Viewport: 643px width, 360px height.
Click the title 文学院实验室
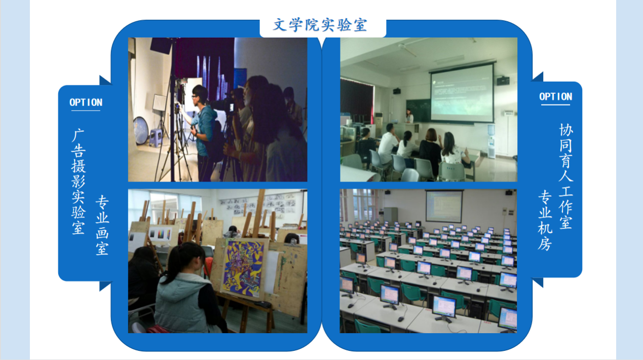pyautogui.click(x=320, y=25)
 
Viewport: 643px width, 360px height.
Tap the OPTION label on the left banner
pyautogui.click(x=86, y=102)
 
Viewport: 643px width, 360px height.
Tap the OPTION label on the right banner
pyautogui.click(x=555, y=96)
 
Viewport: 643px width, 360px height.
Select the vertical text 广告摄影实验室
pyautogui.click(x=78, y=182)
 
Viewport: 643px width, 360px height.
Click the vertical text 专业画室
pyautogui.click(x=102, y=225)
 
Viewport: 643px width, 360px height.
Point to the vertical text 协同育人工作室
pyautogui.click(x=566, y=176)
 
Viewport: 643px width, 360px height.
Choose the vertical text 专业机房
pyautogui.click(x=545, y=221)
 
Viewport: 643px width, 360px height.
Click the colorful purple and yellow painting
pyautogui.click(x=243, y=268)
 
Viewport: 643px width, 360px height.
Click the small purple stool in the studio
pyautogui.click(x=156, y=138)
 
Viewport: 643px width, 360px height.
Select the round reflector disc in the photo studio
pyautogui.click(x=141, y=131)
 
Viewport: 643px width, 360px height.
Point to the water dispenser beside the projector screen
pyautogui.click(x=491, y=141)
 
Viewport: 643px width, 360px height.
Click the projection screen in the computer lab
pyautogui.click(x=444, y=206)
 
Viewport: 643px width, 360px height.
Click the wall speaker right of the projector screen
pyautogui.click(x=503, y=81)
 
